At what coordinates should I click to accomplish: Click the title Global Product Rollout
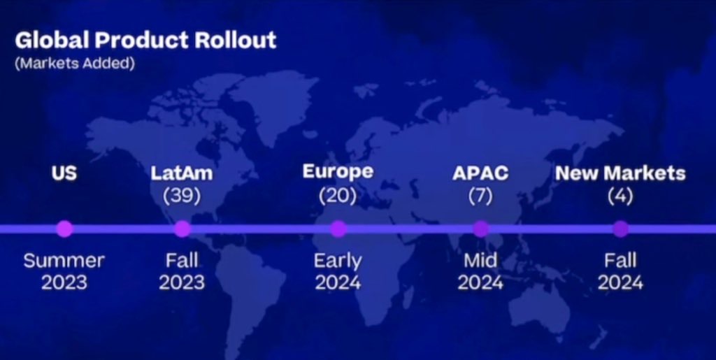[145, 41]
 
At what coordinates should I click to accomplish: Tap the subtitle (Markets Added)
[75, 64]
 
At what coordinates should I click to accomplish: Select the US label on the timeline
[64, 173]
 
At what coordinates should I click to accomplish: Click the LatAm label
[182, 173]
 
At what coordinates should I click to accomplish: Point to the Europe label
[338, 172]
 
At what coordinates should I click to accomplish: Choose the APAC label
[480, 173]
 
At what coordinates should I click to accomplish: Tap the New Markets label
[620, 173]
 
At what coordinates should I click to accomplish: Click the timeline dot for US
[64, 229]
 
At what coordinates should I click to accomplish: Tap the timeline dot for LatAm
[182, 229]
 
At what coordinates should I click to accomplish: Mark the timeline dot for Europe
[338, 229]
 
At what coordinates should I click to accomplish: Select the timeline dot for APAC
[480, 229]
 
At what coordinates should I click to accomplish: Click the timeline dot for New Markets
[620, 229]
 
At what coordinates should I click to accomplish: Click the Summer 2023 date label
[64, 272]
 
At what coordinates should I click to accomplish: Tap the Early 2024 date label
[338, 272]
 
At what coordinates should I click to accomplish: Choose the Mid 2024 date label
[480, 272]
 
